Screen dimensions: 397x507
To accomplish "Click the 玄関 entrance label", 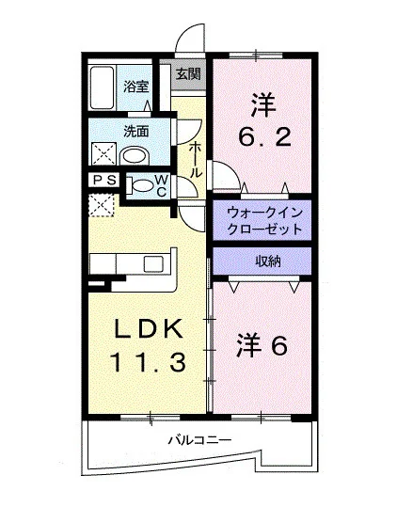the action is pyautogui.click(x=188, y=74).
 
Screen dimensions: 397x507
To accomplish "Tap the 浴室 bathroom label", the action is pyautogui.click(x=135, y=87).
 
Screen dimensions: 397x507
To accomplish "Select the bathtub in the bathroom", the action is pyautogui.click(x=103, y=87).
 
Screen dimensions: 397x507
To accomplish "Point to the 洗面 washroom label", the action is pyautogui.click(x=136, y=131).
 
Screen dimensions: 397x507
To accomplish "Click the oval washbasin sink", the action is pyautogui.click(x=135, y=156).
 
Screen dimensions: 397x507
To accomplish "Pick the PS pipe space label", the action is pyautogui.click(x=104, y=180).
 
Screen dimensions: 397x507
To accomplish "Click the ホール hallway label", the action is pyautogui.click(x=196, y=159).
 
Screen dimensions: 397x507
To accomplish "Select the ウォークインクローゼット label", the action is pyautogui.click(x=264, y=221).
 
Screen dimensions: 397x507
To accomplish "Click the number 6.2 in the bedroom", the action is pyautogui.click(x=264, y=137).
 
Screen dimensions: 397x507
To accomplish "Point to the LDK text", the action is pyautogui.click(x=148, y=329).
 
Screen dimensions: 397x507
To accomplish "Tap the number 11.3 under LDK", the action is pyautogui.click(x=148, y=362).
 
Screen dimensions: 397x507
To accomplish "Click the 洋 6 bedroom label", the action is pyautogui.click(x=262, y=344).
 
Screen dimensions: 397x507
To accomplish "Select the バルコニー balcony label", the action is pyautogui.click(x=199, y=440).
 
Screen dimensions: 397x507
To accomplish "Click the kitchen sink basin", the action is pyautogui.click(x=154, y=263).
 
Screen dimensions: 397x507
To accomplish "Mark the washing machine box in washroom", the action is pyautogui.click(x=103, y=154).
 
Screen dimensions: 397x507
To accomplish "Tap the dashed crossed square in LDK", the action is pyautogui.click(x=101, y=205).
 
